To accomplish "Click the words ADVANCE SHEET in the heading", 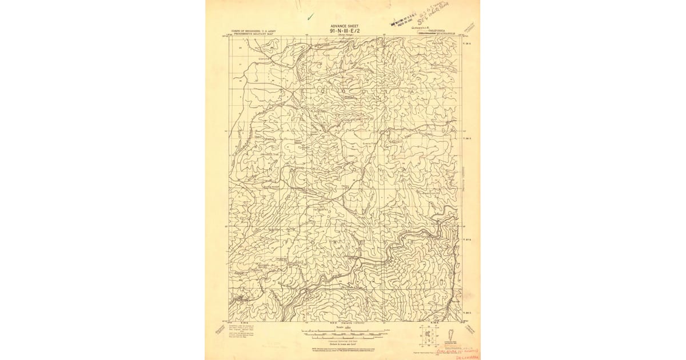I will (x=344, y=26).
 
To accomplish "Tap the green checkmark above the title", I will (x=310, y=17).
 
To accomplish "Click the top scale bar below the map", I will (x=344, y=330).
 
